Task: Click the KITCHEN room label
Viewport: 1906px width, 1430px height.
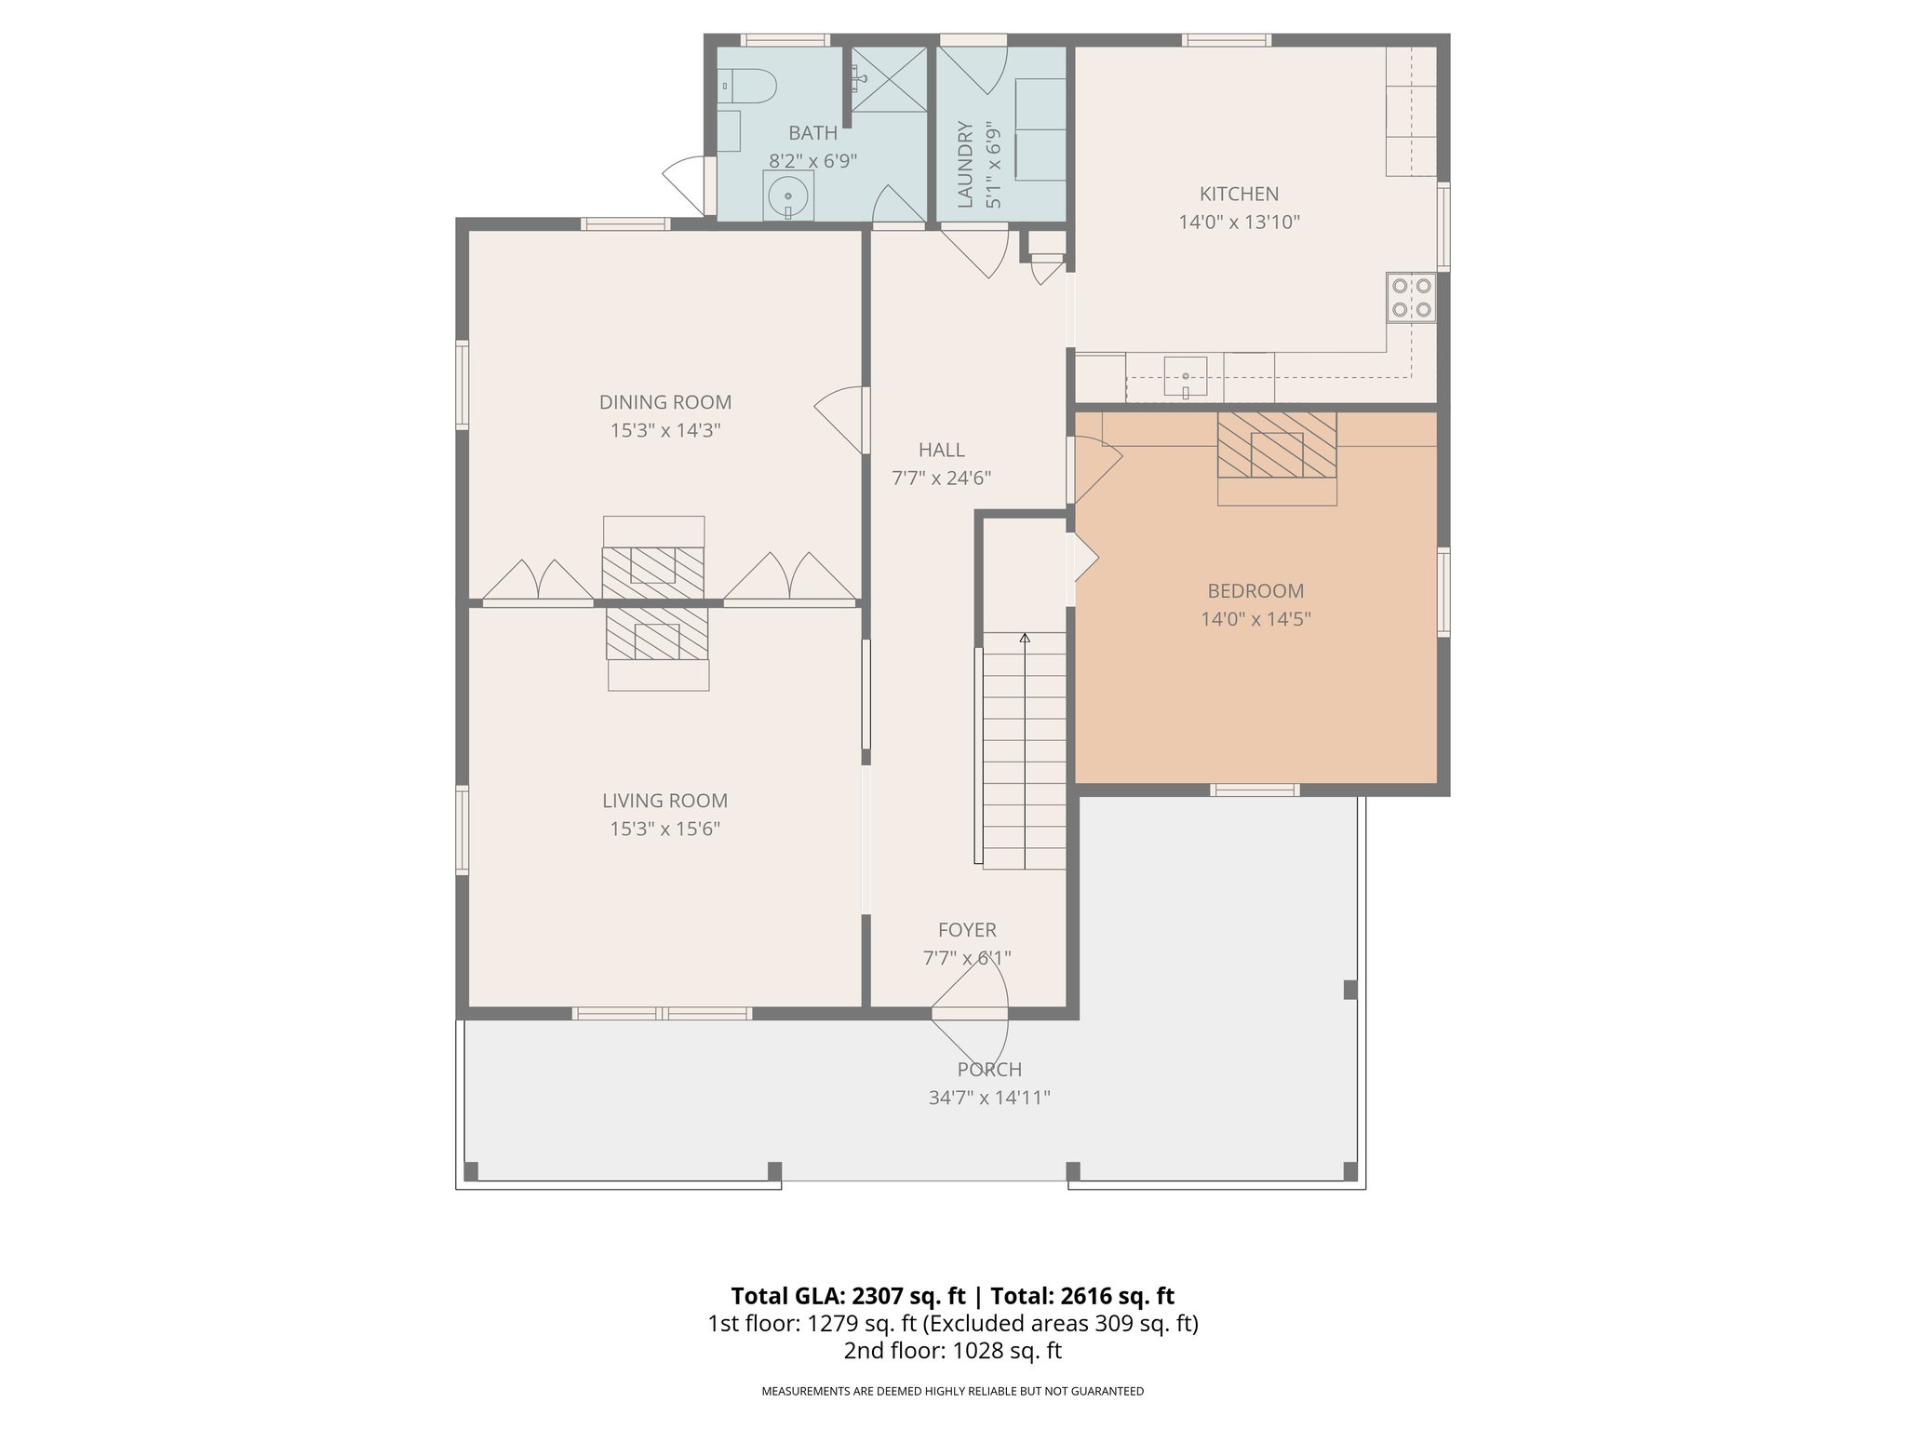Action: tap(1239, 194)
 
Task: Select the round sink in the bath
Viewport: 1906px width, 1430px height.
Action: tap(787, 196)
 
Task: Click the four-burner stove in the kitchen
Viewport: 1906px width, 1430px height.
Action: tap(1411, 298)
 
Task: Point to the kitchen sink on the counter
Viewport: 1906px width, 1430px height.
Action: tap(1185, 375)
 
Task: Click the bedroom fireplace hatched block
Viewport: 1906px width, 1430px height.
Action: tap(1277, 444)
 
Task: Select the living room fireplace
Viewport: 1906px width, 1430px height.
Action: tap(657, 634)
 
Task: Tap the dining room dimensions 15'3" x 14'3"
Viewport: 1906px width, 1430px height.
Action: tap(665, 430)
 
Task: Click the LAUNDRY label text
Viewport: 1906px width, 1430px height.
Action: tap(965, 164)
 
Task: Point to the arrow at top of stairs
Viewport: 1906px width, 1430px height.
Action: tap(1025, 639)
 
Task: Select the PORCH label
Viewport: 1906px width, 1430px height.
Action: tap(989, 1070)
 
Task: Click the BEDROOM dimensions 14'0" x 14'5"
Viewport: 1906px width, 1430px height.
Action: tap(1255, 619)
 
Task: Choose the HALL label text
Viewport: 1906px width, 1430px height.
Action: tap(941, 451)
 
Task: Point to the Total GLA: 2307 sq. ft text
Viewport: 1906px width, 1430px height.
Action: tap(847, 1296)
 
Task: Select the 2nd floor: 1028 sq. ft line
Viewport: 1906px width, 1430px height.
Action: tap(952, 1351)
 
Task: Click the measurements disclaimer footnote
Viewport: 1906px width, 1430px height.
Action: tap(952, 1392)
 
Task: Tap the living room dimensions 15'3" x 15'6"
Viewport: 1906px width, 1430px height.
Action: tap(664, 829)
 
